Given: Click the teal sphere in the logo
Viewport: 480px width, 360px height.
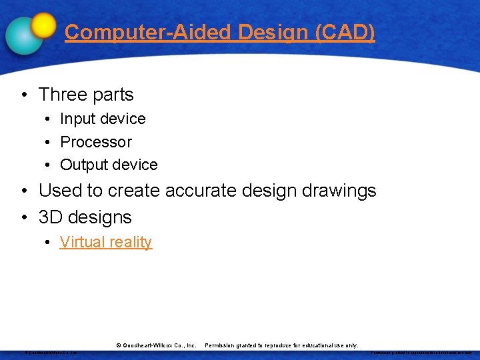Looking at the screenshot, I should (24, 35).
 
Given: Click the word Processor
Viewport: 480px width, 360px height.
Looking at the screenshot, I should (96, 142).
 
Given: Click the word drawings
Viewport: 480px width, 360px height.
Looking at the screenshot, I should (338, 191).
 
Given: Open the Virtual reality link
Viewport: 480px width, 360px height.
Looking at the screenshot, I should (106, 242).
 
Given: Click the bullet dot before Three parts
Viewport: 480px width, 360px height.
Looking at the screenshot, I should (24, 95).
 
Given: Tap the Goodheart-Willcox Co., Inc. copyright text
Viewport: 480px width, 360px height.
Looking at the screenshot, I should (156, 345).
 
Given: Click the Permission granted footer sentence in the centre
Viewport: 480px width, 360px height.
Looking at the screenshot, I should (281, 345).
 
